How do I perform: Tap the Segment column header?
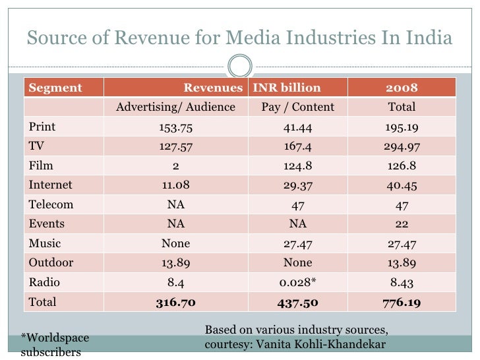click(x=55, y=88)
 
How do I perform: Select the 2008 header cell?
click(x=401, y=88)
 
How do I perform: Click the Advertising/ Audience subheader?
click(x=175, y=107)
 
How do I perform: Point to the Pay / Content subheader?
click(x=298, y=107)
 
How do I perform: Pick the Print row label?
click(x=42, y=127)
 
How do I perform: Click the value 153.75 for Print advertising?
click(x=175, y=127)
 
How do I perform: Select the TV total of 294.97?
click(x=401, y=147)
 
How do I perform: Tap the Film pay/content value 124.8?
click(x=298, y=166)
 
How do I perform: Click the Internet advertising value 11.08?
click(x=175, y=185)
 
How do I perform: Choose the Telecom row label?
click(x=51, y=204)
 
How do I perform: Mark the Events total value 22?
click(x=401, y=224)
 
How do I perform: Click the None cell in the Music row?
click(x=175, y=243)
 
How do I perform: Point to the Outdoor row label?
click(x=51, y=262)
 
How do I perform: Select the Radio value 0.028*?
click(x=298, y=282)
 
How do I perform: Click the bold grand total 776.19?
click(x=401, y=302)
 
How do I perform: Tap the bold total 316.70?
click(x=175, y=302)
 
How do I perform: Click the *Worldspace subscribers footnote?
click(x=55, y=345)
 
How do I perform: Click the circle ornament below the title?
click(x=240, y=65)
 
